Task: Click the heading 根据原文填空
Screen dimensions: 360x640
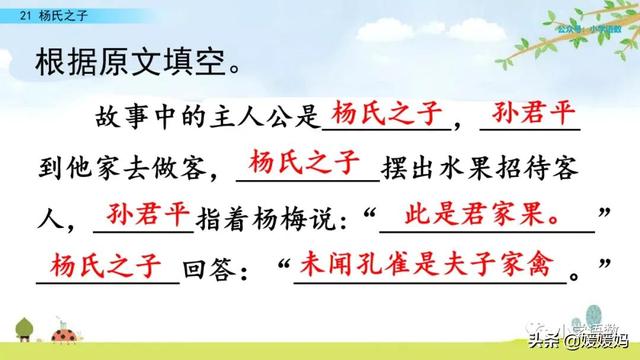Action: pos(126,71)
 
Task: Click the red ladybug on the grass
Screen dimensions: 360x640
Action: pos(75,337)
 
